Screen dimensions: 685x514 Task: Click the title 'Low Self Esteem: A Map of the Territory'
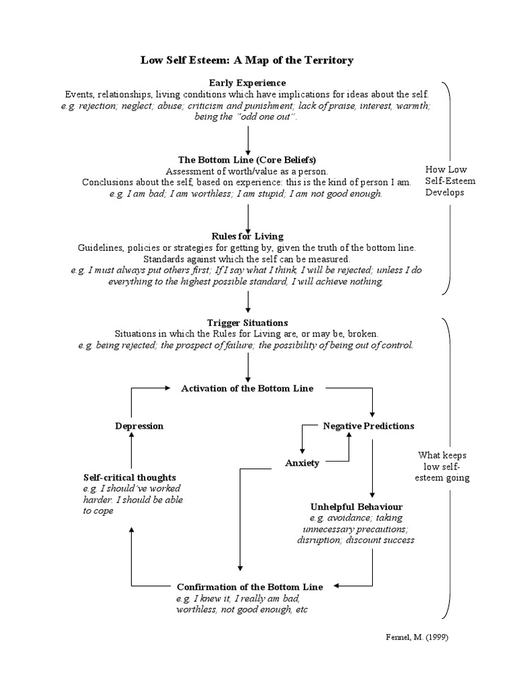click(x=247, y=60)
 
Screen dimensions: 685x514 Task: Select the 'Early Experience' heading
click(x=247, y=82)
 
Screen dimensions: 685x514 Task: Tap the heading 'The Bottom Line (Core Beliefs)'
click(x=247, y=160)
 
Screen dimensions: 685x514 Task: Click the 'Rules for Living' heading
click(x=247, y=236)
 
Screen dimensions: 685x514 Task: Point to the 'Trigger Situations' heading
click(x=247, y=322)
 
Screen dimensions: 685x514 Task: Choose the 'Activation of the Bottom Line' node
click(x=247, y=388)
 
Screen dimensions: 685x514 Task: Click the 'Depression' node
click(x=139, y=425)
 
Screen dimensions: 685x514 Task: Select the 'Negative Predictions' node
click(x=368, y=425)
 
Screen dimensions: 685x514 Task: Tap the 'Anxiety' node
click(x=302, y=463)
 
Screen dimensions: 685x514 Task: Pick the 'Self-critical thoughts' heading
click(x=130, y=478)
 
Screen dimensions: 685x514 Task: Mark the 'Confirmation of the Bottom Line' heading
click(x=250, y=587)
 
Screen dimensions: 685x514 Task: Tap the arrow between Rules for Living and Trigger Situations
click(x=248, y=302)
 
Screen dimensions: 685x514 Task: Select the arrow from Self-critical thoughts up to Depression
click(x=131, y=451)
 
